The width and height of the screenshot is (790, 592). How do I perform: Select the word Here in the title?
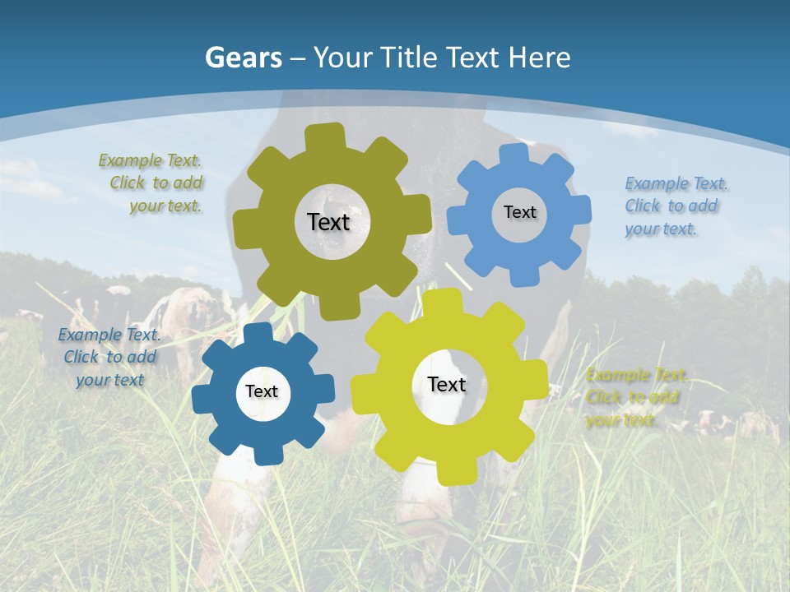point(540,58)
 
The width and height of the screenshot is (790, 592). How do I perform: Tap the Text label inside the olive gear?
point(328,222)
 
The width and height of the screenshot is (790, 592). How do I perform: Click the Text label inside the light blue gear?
point(519,212)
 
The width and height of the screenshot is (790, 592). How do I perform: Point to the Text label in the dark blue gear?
point(262,392)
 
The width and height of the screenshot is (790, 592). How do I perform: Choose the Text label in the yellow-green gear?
point(447,384)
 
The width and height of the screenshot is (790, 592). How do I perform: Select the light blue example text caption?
point(676,206)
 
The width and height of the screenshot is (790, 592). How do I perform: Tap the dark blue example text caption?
point(109,357)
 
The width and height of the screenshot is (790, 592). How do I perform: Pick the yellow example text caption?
point(636,398)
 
